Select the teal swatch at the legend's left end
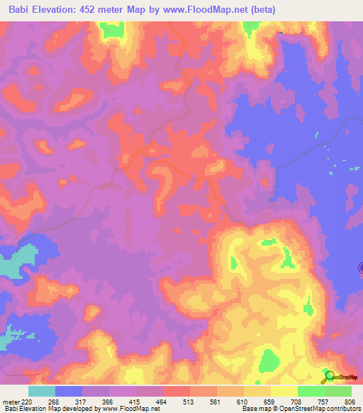click(42, 391)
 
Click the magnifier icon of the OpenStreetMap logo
click(329, 377)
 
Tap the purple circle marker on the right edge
click(362, 268)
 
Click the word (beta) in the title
click(260, 10)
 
